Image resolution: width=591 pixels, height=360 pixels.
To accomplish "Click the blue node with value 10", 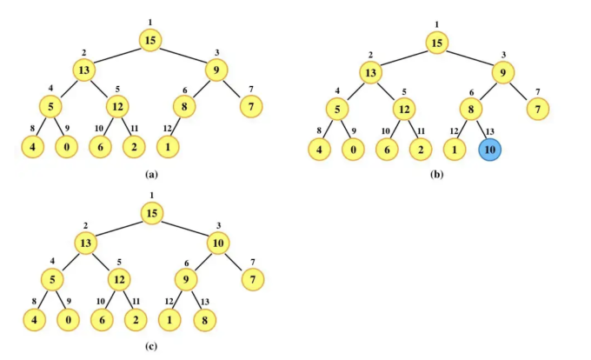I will [489, 149].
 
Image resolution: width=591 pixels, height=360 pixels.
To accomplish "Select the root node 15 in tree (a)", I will [150, 39].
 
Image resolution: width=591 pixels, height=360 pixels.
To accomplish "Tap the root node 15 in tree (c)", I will [152, 213].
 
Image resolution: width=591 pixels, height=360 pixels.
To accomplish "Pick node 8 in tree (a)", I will [185, 109].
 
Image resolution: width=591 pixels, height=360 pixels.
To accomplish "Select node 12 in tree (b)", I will [403, 110].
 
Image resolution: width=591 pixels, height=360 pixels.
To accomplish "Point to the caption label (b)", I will [437, 174].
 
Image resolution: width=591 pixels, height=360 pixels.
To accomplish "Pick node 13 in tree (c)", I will [85, 243].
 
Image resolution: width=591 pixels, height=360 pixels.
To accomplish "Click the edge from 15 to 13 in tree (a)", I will [116, 55].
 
